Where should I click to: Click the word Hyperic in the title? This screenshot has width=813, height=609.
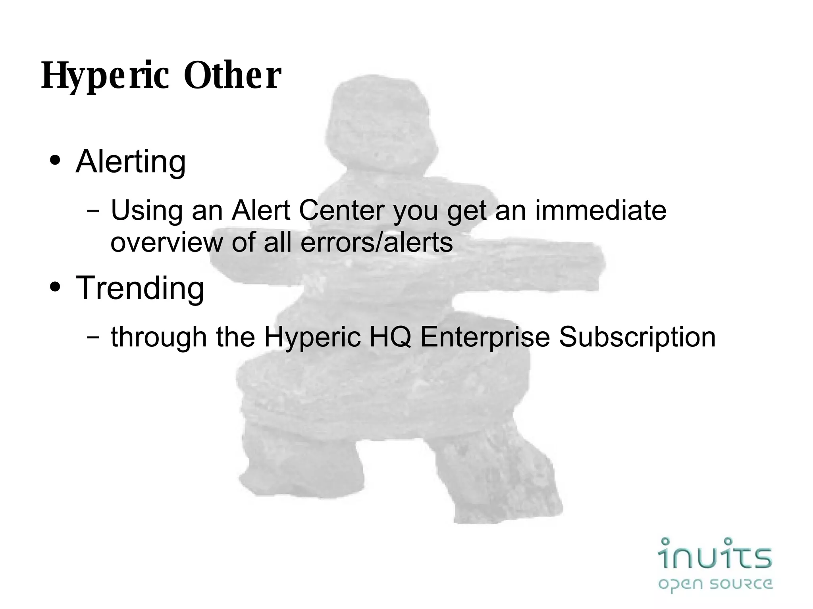click(106, 76)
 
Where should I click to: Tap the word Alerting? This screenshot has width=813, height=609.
click(131, 162)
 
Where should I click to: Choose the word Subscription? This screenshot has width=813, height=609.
click(637, 337)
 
